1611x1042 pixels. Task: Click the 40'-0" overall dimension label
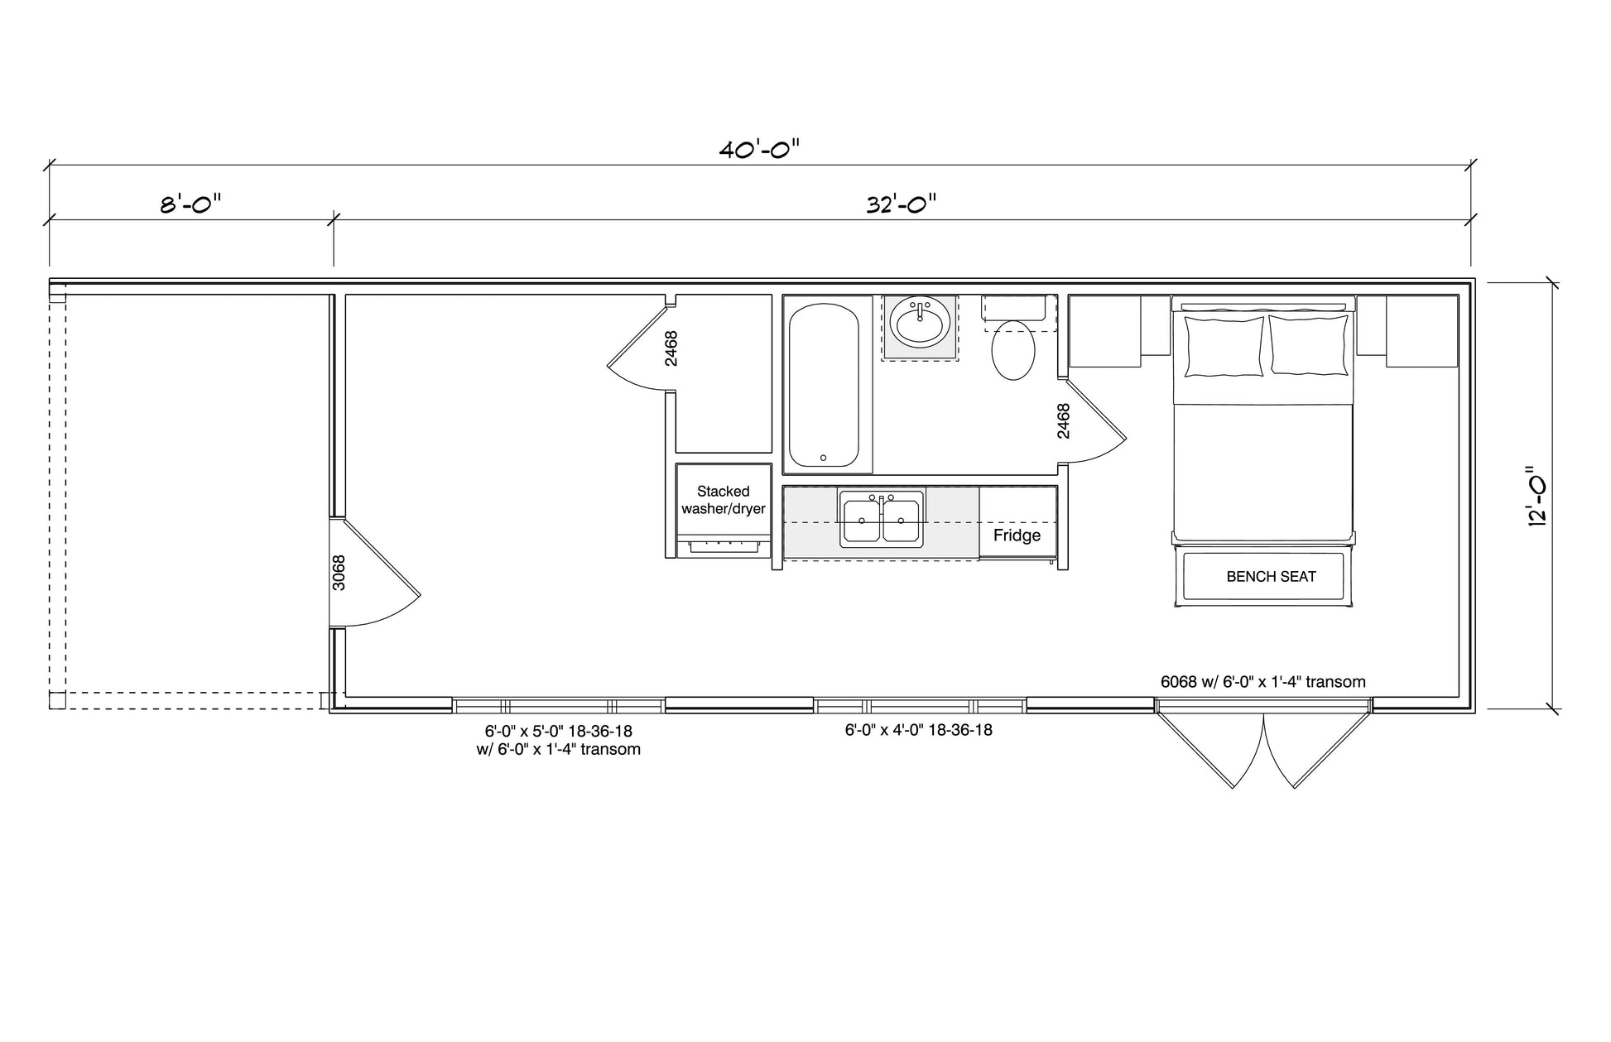pyautogui.click(x=759, y=150)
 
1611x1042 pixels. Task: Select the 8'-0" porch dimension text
pyautogui.click(x=190, y=204)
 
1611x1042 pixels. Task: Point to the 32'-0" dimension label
pyautogui.click(x=901, y=204)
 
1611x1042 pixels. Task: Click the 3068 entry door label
pyautogui.click(x=338, y=573)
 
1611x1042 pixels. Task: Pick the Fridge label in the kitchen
pyautogui.click(x=1017, y=535)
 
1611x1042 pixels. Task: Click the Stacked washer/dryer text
pyautogui.click(x=724, y=500)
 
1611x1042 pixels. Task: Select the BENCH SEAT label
pyautogui.click(x=1271, y=577)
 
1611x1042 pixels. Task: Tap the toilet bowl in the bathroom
pyautogui.click(x=1013, y=350)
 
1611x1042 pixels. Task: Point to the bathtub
pyautogui.click(x=824, y=386)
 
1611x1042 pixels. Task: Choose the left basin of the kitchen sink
pyautogui.click(x=862, y=521)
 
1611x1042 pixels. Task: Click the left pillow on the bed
pyautogui.click(x=1224, y=346)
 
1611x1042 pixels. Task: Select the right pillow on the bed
pyautogui.click(x=1309, y=345)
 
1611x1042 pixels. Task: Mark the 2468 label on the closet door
pyautogui.click(x=671, y=348)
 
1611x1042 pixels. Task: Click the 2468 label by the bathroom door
pyautogui.click(x=1064, y=420)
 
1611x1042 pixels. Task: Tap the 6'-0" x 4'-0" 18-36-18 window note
pyautogui.click(x=918, y=730)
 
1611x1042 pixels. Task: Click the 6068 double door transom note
pyautogui.click(x=1262, y=682)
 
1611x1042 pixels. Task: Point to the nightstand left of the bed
pyautogui.click(x=1105, y=331)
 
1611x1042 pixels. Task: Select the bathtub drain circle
pyautogui.click(x=823, y=458)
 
